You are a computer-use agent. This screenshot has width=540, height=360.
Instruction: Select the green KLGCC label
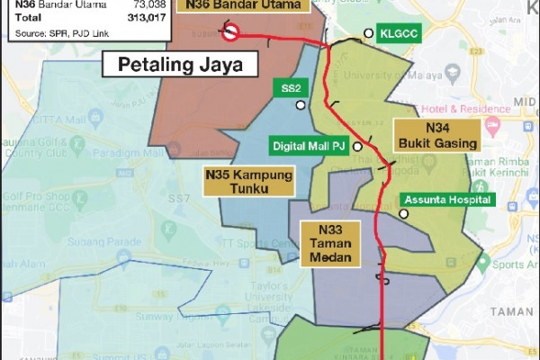point(400,33)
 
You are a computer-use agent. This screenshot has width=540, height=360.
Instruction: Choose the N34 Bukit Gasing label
point(437,135)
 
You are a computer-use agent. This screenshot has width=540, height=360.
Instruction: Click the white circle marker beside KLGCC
point(367,33)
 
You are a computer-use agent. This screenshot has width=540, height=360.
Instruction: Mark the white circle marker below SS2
point(301,105)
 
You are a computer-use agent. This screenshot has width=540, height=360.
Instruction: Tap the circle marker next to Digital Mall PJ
point(357,146)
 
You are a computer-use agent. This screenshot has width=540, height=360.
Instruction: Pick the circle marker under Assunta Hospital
point(404,213)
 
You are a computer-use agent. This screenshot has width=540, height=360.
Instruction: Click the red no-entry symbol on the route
point(230,34)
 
